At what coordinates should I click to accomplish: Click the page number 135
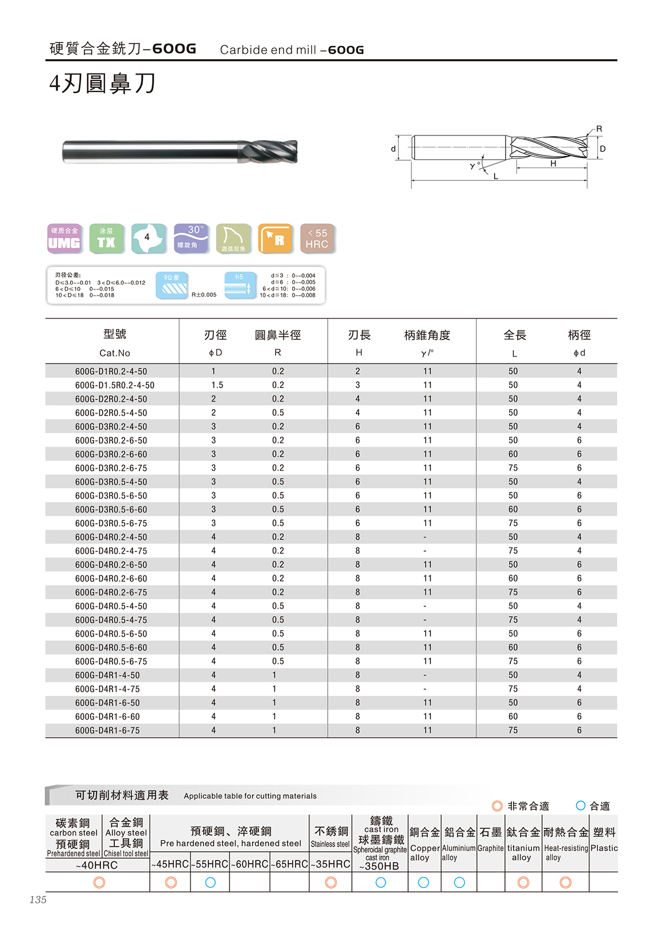38,899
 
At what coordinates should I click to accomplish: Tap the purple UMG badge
64,238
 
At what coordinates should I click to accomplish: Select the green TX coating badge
106,238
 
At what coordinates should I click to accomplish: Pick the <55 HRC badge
317,238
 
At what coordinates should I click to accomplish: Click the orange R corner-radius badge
275,238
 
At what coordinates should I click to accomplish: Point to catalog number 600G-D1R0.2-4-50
111,371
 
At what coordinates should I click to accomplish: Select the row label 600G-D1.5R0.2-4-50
114,385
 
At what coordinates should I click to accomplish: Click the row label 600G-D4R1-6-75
107,730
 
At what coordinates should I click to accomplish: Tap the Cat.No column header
114,353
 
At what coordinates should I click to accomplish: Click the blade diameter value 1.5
217,385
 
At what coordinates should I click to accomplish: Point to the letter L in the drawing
496,176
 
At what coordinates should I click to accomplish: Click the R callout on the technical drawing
599,129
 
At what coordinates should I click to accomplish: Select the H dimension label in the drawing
553,164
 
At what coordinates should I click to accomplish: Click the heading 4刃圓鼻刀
103,84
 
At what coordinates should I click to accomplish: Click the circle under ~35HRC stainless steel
331,882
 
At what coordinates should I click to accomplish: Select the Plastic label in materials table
604,848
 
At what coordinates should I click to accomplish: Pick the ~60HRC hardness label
250,864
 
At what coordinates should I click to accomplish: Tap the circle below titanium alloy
523,882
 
